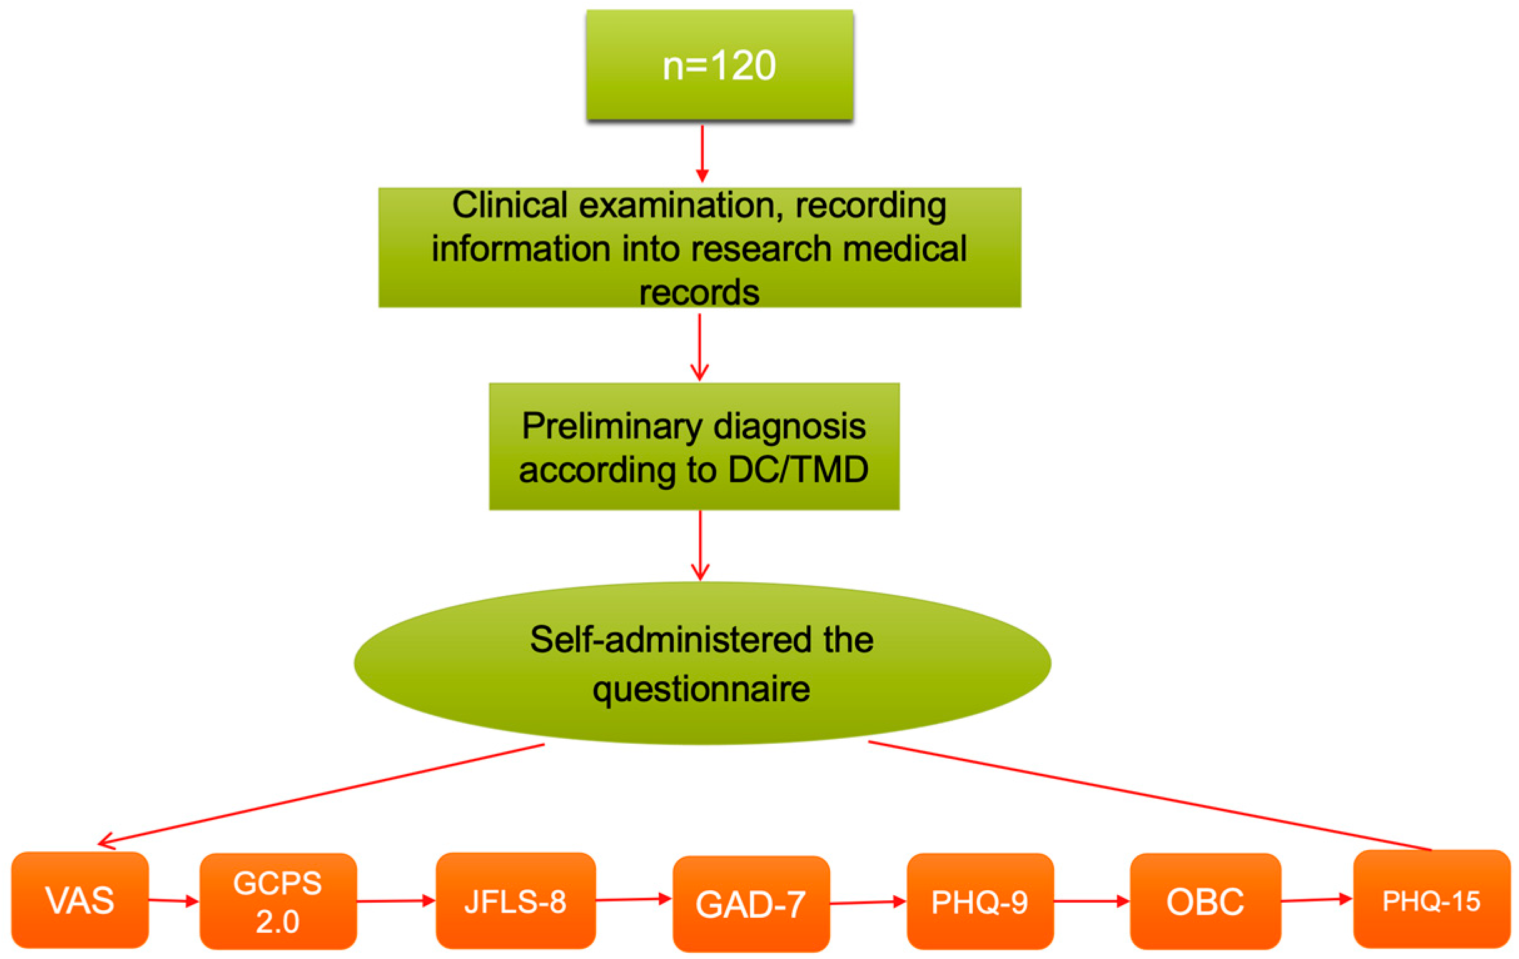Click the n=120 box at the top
[x=719, y=64]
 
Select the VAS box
[x=80, y=900]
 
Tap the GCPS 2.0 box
[x=278, y=901]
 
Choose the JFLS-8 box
[x=516, y=901]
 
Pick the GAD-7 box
[x=751, y=903]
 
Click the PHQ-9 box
[x=980, y=901]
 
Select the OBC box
[x=1205, y=901]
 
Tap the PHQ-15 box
[x=1431, y=900]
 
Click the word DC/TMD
[x=798, y=470]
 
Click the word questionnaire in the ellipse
[x=701, y=688]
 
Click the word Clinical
[x=510, y=205]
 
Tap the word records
[x=699, y=292]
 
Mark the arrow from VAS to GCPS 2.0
[x=173, y=900]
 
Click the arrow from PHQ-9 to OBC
[x=1091, y=901]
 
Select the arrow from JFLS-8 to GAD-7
[x=633, y=899]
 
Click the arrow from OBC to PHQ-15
[x=1316, y=900]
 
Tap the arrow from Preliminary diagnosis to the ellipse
[x=700, y=545]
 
